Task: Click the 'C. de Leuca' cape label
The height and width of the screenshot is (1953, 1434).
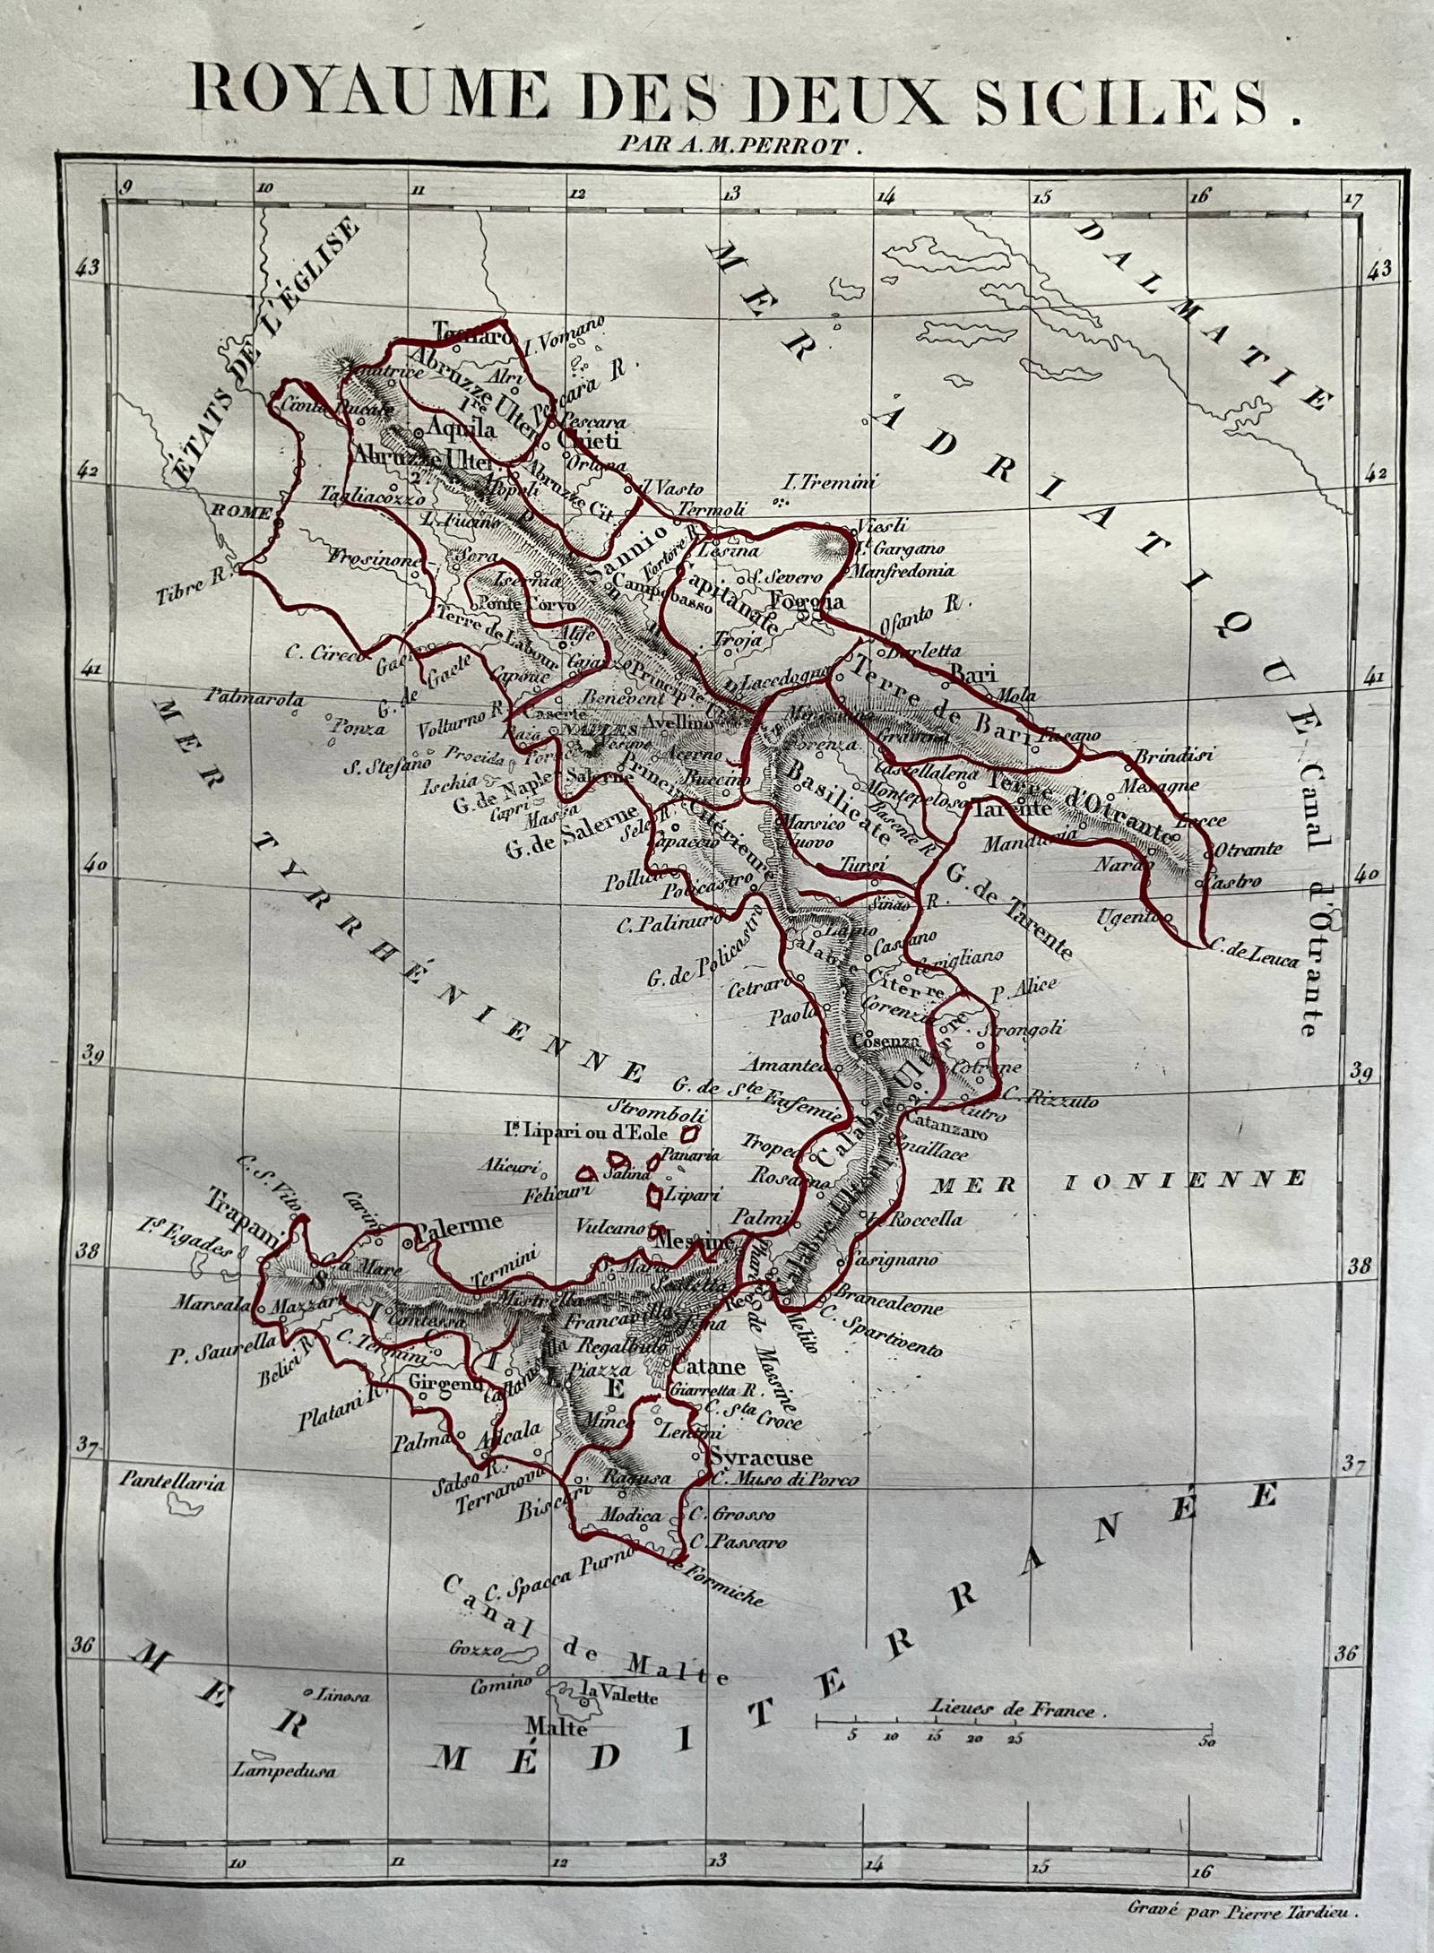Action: pyautogui.click(x=1254, y=961)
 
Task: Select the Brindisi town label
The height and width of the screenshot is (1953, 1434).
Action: pyautogui.click(x=1173, y=756)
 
